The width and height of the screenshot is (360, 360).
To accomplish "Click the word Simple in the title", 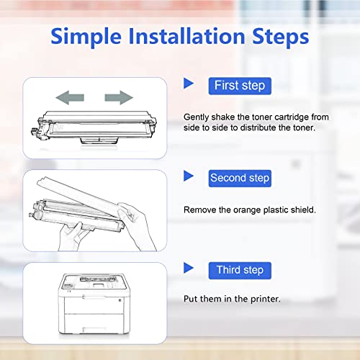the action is [x=86, y=37].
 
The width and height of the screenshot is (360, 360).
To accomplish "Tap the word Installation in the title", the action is [x=186, y=36].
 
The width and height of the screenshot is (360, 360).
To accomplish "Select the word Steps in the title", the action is [x=281, y=37].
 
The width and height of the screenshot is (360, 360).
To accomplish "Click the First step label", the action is [x=240, y=86].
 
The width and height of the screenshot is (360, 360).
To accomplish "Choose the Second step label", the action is [x=240, y=179].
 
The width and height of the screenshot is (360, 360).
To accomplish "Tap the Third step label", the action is [x=240, y=271].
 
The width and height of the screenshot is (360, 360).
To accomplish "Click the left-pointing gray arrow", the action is [x=70, y=97].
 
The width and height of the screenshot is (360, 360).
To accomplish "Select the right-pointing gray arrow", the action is [x=119, y=97].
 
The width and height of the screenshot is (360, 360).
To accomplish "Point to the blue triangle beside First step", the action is [x=189, y=84].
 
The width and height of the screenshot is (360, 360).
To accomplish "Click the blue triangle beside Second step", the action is [x=189, y=176].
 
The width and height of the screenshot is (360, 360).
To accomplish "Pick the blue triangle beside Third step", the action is [x=189, y=268].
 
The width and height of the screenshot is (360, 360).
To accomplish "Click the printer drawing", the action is [x=94, y=304].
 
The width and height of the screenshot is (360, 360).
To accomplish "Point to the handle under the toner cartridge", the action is [x=99, y=140].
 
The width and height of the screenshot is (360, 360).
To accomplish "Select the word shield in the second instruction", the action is [x=303, y=210].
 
